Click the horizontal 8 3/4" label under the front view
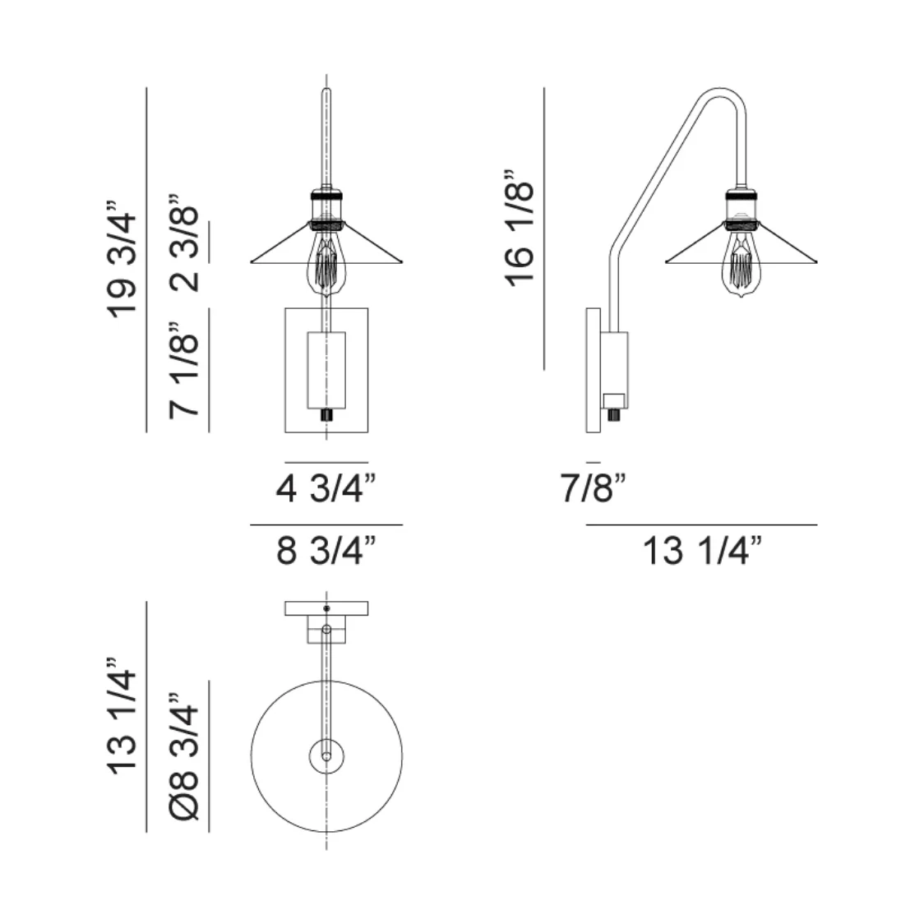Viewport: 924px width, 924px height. click(326, 551)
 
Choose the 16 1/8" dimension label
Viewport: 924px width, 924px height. click(520, 228)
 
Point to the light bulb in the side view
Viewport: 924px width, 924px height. click(742, 265)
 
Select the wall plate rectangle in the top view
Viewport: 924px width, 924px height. click(326, 608)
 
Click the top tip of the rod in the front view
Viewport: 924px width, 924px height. click(326, 90)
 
